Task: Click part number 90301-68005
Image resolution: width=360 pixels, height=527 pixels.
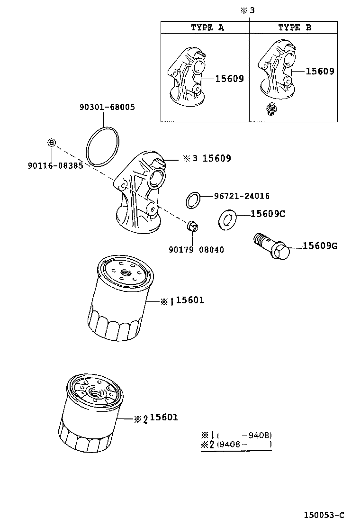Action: [x=107, y=107]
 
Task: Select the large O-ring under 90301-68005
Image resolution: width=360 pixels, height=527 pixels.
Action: [x=104, y=147]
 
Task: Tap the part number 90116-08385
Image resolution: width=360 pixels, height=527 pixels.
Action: [x=55, y=166]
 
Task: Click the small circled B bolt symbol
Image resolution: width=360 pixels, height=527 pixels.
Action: [x=52, y=142]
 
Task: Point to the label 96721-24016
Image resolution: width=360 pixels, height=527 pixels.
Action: [x=242, y=196]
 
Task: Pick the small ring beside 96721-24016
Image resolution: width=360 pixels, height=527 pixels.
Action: [x=192, y=200]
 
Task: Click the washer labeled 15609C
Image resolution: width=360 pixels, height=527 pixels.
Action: [x=227, y=219]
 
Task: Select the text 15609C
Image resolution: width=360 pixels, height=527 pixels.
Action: [x=267, y=214]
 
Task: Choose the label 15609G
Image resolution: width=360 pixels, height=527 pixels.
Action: [x=320, y=245]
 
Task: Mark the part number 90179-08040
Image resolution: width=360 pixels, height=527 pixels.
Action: [x=196, y=250]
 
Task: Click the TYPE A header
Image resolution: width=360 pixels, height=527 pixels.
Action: [x=207, y=27]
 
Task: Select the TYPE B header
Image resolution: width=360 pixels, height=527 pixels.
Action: [x=294, y=27]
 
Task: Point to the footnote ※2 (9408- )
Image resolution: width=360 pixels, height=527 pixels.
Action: [x=236, y=445]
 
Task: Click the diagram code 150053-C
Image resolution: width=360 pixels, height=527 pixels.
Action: [x=324, y=515]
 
